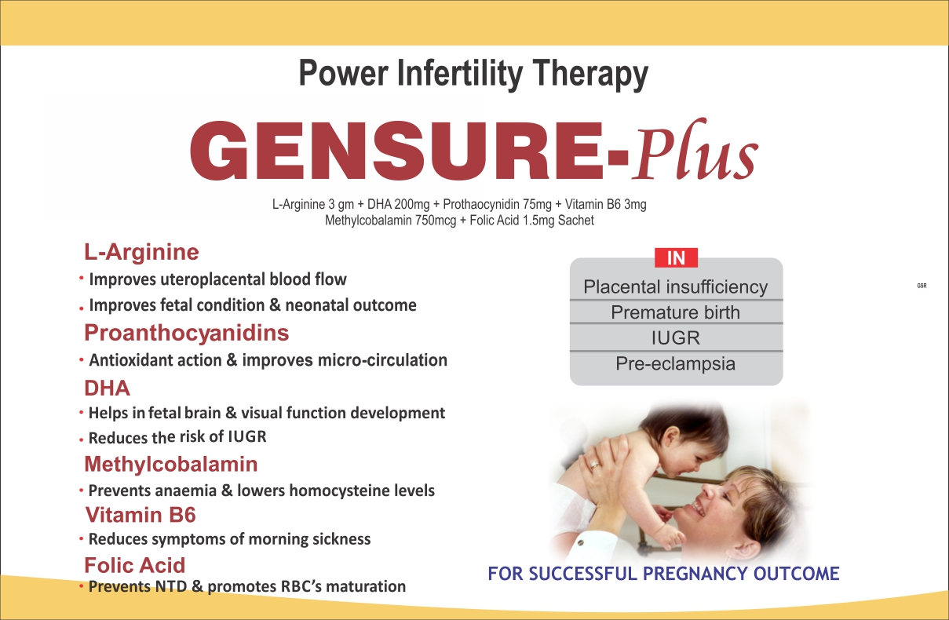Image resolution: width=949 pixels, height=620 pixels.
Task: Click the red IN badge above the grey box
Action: pyautogui.click(x=676, y=258)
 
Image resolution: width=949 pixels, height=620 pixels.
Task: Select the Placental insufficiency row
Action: pyautogui.click(x=676, y=286)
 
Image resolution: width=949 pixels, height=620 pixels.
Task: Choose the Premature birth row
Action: pyautogui.click(x=676, y=312)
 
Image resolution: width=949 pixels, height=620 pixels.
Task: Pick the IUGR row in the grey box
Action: pyautogui.click(x=676, y=338)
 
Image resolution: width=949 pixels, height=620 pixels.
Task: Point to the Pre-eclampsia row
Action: pyautogui.click(x=676, y=364)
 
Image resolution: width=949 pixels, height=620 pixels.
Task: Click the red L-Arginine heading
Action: pyautogui.click(x=141, y=253)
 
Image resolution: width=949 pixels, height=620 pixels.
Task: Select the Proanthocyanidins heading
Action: pyautogui.click(x=186, y=334)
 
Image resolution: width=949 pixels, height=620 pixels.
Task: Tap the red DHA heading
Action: pyautogui.click(x=108, y=388)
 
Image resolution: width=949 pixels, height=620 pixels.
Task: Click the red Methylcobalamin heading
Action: pyautogui.click(x=171, y=464)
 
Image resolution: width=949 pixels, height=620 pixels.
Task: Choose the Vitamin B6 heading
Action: pyautogui.click(x=141, y=515)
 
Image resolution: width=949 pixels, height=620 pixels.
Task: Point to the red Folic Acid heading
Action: pyautogui.click(x=135, y=565)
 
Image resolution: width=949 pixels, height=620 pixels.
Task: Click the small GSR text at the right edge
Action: pyautogui.click(x=922, y=286)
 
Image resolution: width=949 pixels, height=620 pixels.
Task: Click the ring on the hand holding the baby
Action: pyautogui.click(x=595, y=465)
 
